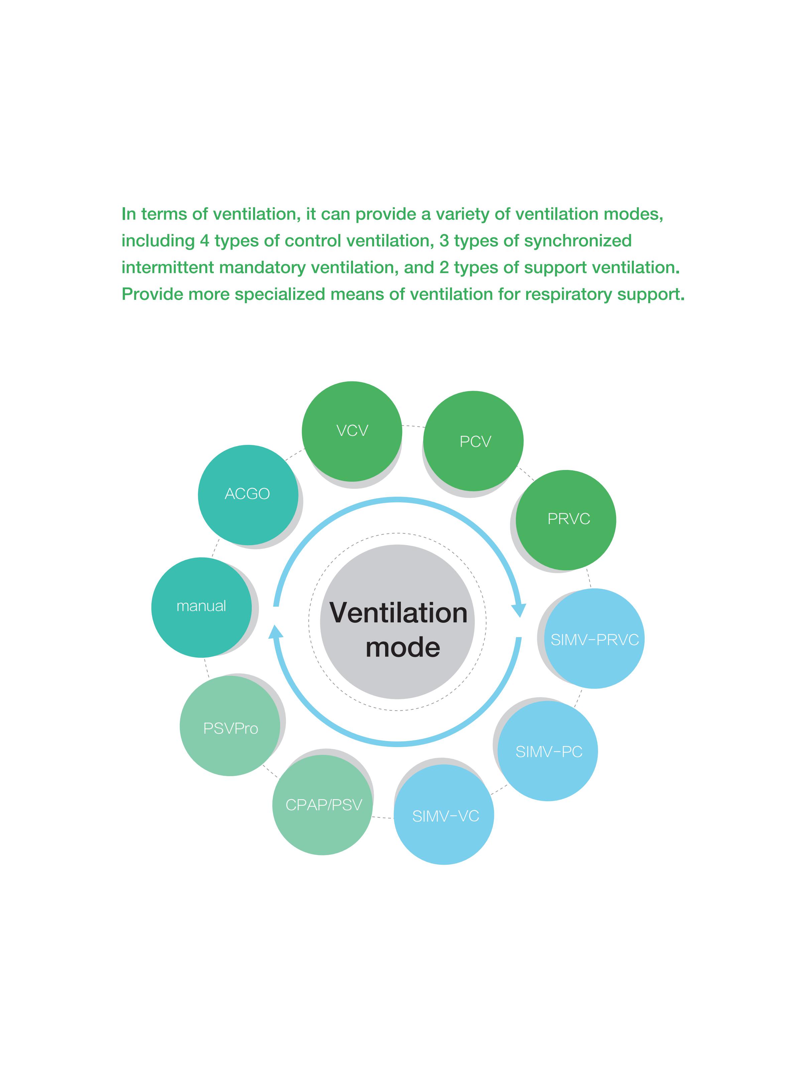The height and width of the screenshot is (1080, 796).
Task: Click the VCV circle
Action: pos(352,431)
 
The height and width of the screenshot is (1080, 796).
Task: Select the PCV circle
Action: pos(473,441)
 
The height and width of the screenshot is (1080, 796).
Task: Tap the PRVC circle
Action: pos(566,520)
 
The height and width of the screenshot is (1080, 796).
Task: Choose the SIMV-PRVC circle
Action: pos(594,638)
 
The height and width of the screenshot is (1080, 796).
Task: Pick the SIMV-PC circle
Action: pos(547,751)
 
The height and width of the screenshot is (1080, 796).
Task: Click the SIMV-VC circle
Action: pos(444,815)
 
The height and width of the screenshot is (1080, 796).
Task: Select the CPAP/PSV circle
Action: pos(322,805)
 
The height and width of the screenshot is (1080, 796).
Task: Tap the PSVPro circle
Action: pos(230,726)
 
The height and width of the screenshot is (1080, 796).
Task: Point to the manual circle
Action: pos(201,607)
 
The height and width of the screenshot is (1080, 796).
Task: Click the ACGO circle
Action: pos(248,495)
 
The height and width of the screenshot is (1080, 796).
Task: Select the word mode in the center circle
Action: pos(403,647)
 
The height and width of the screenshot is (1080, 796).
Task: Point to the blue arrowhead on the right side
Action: pos(519,610)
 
